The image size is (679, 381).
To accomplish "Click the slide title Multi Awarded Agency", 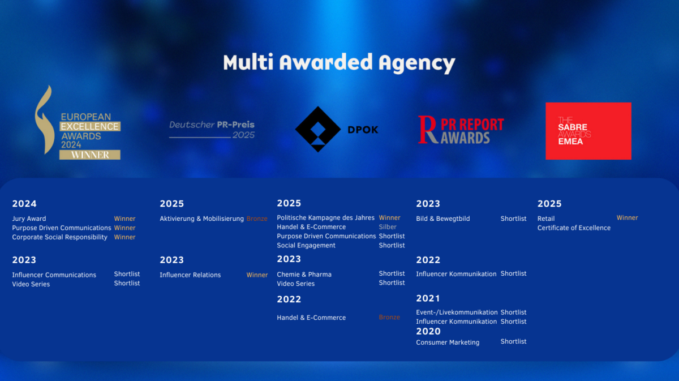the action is click(339, 63).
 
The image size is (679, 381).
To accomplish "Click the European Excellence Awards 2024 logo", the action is click(78, 122).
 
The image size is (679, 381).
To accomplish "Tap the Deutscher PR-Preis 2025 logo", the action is click(212, 130).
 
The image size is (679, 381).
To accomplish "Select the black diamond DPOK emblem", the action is click(317, 129).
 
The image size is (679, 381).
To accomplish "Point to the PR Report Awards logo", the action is click(461, 130).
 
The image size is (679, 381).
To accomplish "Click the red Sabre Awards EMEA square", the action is click(588, 131).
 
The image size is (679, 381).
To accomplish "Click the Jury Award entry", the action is click(29, 219).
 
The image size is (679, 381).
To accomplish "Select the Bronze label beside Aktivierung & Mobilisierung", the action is click(257, 219).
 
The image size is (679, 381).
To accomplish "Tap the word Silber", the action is click(388, 227).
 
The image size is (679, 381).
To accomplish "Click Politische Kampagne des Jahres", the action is click(325, 218).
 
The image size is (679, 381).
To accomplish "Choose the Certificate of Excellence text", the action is click(574, 228).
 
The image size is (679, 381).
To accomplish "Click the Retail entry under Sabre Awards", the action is click(546, 219).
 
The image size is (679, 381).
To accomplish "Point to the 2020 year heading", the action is click(428, 331).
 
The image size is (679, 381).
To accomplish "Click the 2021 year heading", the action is click(428, 298).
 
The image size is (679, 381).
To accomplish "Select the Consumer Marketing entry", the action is click(448, 343).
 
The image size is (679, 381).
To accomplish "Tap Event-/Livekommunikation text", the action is click(457, 312).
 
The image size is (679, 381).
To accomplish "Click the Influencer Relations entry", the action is click(190, 275).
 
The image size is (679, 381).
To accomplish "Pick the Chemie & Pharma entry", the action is click(304, 275).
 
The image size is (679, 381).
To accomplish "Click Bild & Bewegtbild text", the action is click(443, 219).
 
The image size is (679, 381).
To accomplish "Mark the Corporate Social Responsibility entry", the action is click(60, 237).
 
